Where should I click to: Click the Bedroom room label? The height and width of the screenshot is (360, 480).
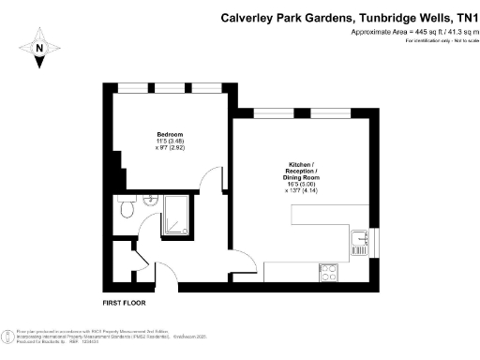tap(171, 133)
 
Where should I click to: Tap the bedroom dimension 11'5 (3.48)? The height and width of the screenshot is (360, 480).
tap(171, 141)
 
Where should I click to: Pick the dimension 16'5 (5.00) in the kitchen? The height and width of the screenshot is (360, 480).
tap(301, 185)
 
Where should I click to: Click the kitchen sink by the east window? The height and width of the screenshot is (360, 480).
tap(357, 244)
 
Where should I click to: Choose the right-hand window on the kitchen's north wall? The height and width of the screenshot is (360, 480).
tap(334, 112)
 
